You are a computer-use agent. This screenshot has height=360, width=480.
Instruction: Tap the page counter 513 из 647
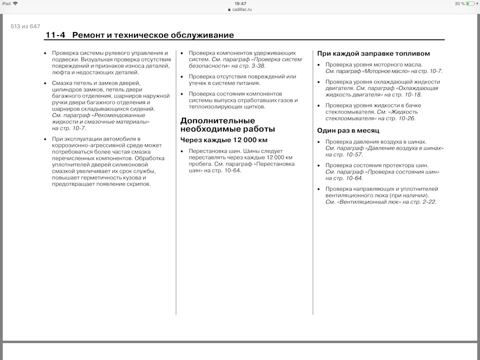25,26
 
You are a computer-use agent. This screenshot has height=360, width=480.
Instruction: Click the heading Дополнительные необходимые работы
227,125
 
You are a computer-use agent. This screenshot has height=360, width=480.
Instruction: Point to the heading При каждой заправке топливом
373,53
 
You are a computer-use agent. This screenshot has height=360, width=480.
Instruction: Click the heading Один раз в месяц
348,130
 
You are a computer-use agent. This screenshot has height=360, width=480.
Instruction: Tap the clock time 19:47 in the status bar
240,3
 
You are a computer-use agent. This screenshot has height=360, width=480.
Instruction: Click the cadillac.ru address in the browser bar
242,9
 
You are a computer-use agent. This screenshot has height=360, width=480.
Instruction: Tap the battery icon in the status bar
470,3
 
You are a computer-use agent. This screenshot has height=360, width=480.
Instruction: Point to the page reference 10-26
405,118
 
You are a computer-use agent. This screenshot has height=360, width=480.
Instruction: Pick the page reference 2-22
426,201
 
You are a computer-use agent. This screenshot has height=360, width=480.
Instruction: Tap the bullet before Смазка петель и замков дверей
45,83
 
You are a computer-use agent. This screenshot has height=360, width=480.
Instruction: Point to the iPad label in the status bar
6,3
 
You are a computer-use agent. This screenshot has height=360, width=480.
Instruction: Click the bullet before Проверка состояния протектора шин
319,165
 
